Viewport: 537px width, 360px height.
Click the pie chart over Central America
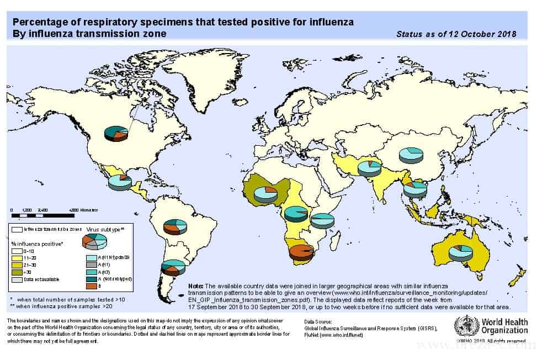(120, 182)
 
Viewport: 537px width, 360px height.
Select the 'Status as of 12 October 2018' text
(456, 34)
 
